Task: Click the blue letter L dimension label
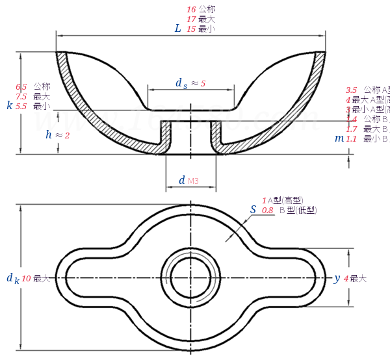(177, 28)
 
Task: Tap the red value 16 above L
(191, 9)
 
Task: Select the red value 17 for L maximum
(191, 19)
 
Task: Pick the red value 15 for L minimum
(191, 29)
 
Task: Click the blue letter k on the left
(9, 105)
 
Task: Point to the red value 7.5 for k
(21, 96)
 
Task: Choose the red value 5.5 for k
(21, 106)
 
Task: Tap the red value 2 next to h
(67, 135)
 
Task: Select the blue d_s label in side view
(181, 83)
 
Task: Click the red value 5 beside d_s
(203, 84)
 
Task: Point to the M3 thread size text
(193, 181)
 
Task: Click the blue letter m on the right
(339, 138)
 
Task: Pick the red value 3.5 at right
(352, 90)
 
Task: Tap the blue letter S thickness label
(253, 209)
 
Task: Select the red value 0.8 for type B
(267, 211)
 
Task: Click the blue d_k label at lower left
(12, 278)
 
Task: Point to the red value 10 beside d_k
(27, 278)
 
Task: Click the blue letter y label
(337, 278)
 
